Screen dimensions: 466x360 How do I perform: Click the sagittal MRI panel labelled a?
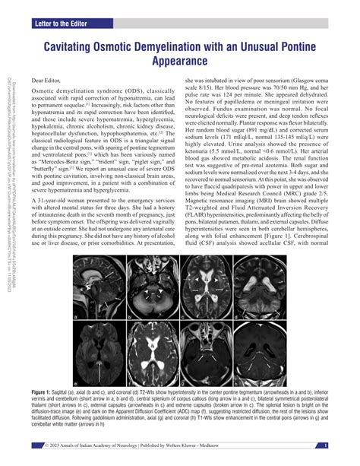pos(106,306)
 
